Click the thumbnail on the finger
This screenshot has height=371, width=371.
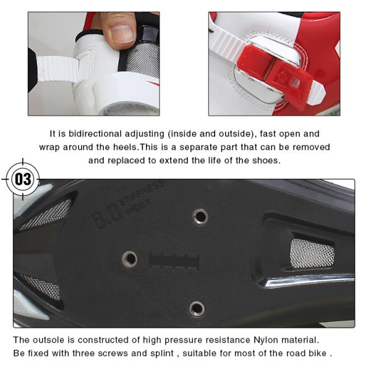click(x=122, y=33)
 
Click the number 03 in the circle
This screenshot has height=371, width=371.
click(x=23, y=179)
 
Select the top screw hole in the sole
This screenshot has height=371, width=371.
click(x=200, y=216)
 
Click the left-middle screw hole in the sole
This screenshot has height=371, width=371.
click(x=130, y=258)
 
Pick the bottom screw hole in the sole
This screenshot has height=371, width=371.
click(x=197, y=309)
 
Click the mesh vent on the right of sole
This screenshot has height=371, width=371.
click(x=312, y=253)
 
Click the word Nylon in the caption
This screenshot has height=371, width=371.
click(x=265, y=340)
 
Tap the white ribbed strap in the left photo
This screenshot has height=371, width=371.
click(x=57, y=69)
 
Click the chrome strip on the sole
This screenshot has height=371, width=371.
click(x=307, y=279)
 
